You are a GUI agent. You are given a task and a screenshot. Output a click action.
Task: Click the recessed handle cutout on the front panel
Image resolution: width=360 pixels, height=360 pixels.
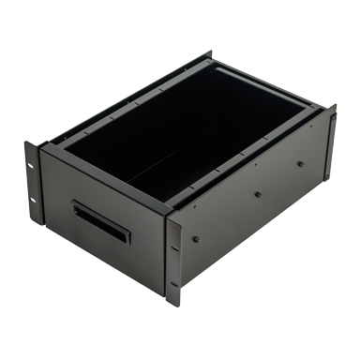(x=100, y=222)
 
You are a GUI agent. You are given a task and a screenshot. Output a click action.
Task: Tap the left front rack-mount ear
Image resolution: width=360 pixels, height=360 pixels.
(x=35, y=183)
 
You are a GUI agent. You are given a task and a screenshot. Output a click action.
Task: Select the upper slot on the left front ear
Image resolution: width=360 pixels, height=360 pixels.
(x=32, y=167)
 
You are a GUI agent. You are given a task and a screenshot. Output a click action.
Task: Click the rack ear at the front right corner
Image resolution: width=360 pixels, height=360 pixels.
(x=173, y=258)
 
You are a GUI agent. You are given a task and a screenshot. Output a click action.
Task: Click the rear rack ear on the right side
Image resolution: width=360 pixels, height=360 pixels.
(x=329, y=141)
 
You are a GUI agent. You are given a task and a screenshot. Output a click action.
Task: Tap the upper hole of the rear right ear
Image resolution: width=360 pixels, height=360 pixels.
(x=329, y=119)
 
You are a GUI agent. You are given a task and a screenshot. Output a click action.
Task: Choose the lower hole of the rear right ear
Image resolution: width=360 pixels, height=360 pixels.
(x=330, y=160)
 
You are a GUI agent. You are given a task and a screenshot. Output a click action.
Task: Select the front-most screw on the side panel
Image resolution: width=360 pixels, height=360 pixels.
(x=196, y=239)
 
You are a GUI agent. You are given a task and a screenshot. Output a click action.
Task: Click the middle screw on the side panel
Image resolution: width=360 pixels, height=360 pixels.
(x=257, y=195)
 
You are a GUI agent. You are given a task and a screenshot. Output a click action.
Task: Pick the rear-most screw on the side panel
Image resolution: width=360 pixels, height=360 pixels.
(x=301, y=163)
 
